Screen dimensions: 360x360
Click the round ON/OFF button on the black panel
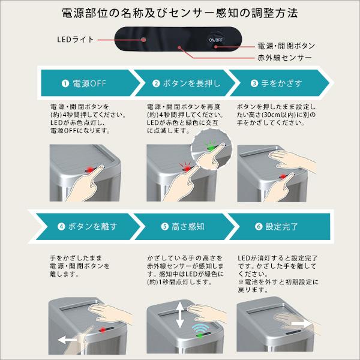pos(215,40)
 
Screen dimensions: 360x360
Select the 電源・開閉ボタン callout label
pos(286,46)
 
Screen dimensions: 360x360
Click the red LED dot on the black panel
pos(145,40)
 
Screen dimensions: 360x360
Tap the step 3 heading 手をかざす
pos(284,83)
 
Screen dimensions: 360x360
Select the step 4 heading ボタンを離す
pos(89,227)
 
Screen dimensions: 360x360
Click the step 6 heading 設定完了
pos(284,227)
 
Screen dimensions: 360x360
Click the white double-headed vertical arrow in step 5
pos(180,315)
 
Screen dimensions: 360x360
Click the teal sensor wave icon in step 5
pos(200,331)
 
